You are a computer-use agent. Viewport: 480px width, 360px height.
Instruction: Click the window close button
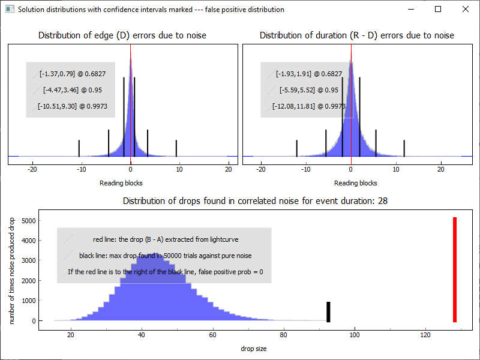466,9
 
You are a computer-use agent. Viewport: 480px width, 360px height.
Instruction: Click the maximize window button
438,9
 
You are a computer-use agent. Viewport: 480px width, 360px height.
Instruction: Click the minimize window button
410,9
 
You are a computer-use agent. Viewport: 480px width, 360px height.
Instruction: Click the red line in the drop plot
455,270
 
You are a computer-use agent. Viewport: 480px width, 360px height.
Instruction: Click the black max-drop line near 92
328,311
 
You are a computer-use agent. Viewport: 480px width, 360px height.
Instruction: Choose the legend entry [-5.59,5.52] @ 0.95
305,90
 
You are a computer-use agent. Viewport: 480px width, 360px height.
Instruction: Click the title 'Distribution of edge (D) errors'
122,35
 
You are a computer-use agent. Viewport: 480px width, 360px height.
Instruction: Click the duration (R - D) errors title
357,35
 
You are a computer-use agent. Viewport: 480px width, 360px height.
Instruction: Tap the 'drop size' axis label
254,349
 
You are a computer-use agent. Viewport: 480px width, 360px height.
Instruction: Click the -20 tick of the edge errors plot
33,170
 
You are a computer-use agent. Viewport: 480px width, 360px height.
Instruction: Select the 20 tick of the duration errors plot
441,170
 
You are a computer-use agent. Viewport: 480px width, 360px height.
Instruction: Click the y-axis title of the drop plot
12,272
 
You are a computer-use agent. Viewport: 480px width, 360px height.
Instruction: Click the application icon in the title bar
9,10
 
